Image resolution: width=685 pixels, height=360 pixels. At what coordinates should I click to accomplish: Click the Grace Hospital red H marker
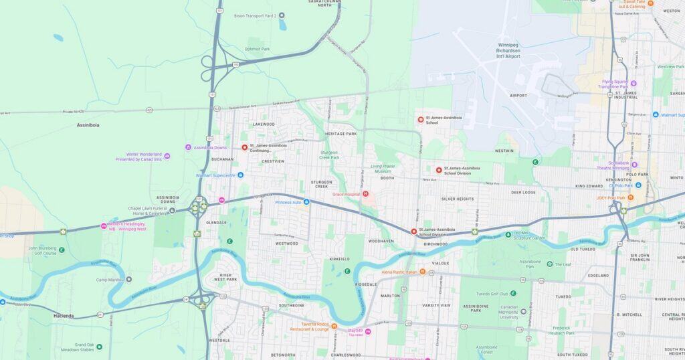coord(365,194)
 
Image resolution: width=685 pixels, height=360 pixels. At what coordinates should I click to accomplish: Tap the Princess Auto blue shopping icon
coord(306,201)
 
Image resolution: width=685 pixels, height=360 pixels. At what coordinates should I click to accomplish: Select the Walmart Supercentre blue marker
coord(240,175)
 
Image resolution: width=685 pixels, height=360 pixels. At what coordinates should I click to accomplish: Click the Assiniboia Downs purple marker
coord(189,147)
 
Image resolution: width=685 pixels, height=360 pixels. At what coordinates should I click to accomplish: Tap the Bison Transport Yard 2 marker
coord(282,15)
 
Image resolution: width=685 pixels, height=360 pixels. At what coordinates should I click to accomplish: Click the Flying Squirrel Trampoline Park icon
coord(633,84)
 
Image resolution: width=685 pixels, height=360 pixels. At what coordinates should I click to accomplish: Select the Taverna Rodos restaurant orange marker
coord(334,326)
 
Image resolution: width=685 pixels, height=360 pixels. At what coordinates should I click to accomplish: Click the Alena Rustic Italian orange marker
coord(423,272)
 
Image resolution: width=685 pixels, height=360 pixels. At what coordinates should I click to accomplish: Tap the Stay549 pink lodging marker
coord(368,331)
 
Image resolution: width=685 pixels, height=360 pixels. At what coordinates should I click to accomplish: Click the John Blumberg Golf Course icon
coord(62,250)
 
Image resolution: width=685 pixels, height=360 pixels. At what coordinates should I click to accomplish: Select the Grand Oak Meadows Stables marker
coord(99,347)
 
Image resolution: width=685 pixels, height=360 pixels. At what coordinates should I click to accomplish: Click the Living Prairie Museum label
coord(385,169)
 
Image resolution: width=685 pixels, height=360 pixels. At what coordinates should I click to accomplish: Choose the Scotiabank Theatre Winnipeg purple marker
coord(634,165)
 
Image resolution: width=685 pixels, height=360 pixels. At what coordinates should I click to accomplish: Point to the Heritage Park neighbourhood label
coord(341,134)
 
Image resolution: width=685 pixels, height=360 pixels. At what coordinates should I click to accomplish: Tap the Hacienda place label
coord(64,315)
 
